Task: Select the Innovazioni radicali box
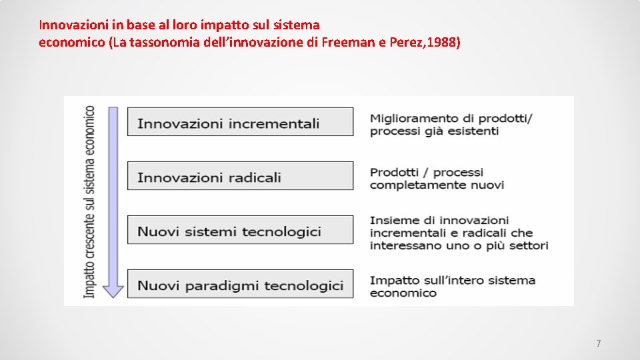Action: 240,177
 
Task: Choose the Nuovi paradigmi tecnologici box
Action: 240,285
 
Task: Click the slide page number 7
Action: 598,344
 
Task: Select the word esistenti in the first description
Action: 473,131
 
